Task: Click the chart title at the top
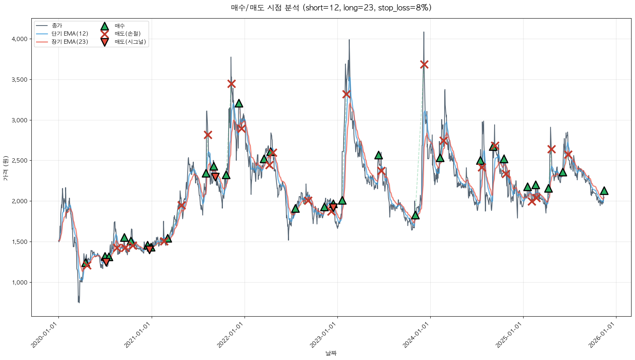point(331,8)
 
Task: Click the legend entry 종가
point(56,26)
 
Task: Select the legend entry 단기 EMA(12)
point(70,34)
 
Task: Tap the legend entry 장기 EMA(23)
point(70,42)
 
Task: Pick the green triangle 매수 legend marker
point(104,26)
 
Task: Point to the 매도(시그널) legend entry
point(130,42)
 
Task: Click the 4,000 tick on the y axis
point(19,39)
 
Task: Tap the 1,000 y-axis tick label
point(19,283)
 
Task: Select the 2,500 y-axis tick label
point(19,161)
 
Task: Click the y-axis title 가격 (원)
point(5,168)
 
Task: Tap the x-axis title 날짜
point(331,353)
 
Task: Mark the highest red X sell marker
point(424,65)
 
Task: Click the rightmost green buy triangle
point(604,191)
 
